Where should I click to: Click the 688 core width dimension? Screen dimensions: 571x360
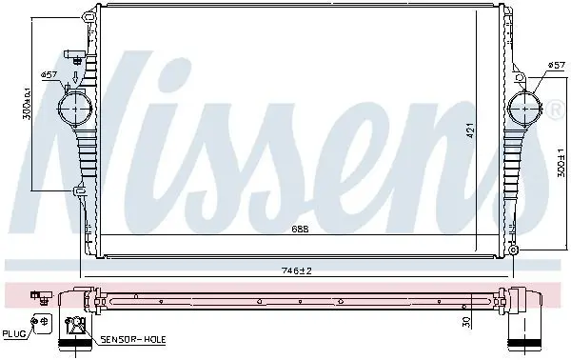point(300,229)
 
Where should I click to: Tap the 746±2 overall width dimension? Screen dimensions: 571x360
point(297,270)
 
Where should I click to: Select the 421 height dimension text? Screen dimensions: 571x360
point(470,130)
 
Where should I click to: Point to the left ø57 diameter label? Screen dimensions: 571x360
point(49,74)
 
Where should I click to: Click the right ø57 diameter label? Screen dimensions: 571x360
point(556,65)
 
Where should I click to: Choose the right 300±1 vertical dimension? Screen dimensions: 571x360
point(561,163)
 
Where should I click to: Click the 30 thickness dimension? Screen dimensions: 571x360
point(466,321)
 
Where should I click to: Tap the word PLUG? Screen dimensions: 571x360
point(14,333)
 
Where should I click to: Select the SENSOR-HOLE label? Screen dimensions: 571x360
point(133,340)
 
